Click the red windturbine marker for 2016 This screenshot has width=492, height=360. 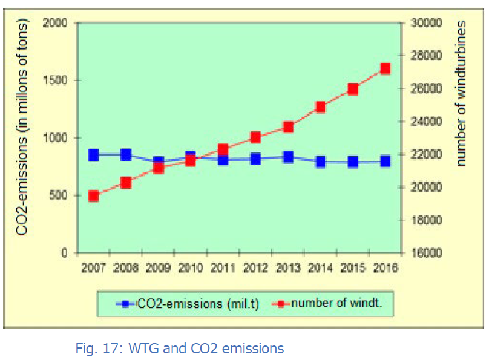click(385, 68)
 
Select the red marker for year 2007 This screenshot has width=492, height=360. click(93, 195)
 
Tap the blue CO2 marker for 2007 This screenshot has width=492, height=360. click(93, 155)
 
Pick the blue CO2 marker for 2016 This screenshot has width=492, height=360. click(385, 161)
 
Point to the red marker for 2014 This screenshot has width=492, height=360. click(321, 107)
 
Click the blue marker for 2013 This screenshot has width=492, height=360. click(288, 157)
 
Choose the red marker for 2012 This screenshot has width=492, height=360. click(255, 137)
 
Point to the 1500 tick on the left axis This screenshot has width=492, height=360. click(55, 80)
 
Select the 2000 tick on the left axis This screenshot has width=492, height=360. click(55, 23)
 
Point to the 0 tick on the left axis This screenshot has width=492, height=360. click(63, 253)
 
